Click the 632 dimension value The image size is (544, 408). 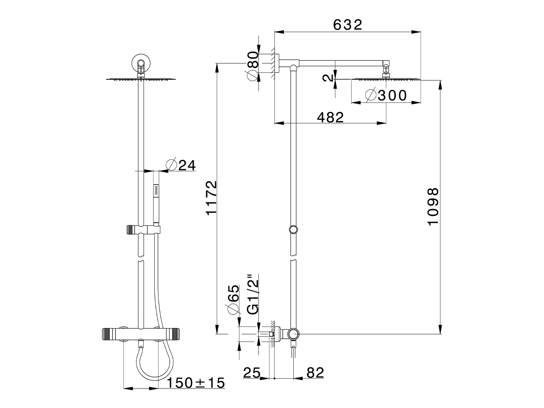tap(347, 25)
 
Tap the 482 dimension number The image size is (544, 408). tap(330, 117)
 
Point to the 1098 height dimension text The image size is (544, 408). tap(433, 207)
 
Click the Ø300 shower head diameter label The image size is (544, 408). tap(386, 95)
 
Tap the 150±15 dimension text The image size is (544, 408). tap(195, 383)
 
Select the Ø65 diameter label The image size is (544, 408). tap(232, 299)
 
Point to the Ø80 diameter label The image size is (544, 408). tap(253, 65)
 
